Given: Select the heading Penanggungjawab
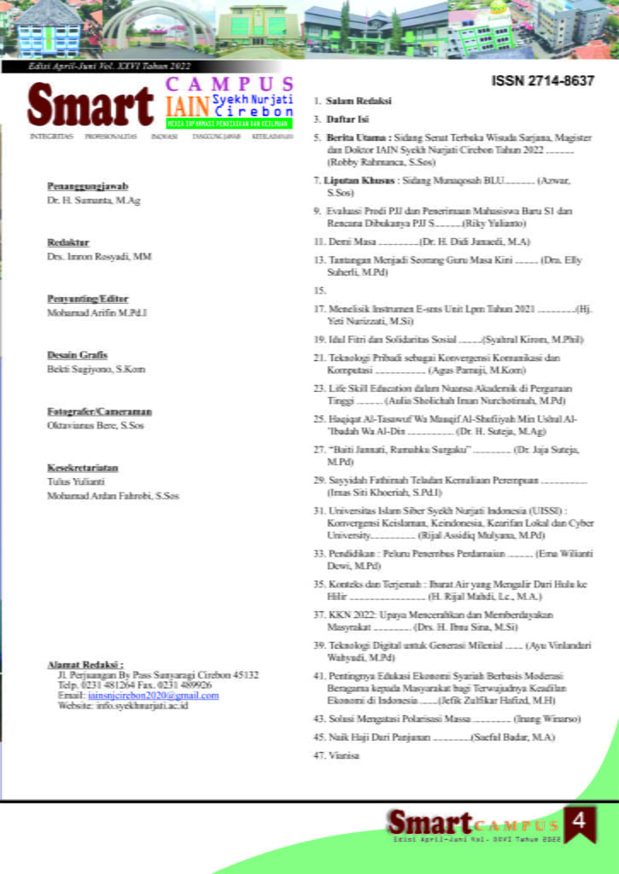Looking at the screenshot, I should pyautogui.click(x=88, y=185).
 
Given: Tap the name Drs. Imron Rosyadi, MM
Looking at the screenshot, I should pyautogui.click(x=99, y=256).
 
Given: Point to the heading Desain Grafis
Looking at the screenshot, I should pyautogui.click(x=77, y=354).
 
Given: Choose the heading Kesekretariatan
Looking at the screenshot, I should pyautogui.click(x=83, y=468).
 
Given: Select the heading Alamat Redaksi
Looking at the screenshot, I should pyautogui.click(x=85, y=663).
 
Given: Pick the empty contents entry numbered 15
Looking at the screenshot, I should pyautogui.click(x=320, y=291).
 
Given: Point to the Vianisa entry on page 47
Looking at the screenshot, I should pyautogui.click(x=344, y=755).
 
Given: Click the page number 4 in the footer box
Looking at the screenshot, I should pyautogui.click(x=580, y=822).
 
